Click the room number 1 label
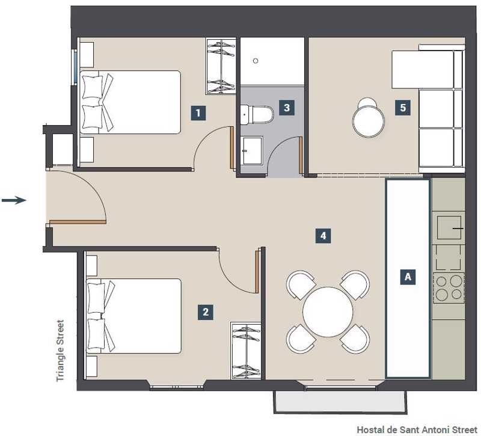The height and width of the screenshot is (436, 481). (198, 112)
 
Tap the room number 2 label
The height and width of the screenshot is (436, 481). (206, 312)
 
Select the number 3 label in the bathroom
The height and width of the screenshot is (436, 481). (287, 108)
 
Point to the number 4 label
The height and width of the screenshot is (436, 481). (323, 236)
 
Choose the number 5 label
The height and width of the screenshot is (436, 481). (403, 108)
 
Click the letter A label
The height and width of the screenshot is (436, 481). (408, 277)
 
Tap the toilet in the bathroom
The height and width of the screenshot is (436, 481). (257, 115)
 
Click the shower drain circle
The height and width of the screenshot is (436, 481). (256, 61)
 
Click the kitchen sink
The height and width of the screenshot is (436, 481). (449, 228)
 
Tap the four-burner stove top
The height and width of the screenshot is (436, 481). (449, 288)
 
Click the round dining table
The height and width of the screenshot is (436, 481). (328, 312)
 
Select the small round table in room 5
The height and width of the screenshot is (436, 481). (369, 121)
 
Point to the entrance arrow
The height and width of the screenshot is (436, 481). (14, 201)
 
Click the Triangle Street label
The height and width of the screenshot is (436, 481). (61, 351)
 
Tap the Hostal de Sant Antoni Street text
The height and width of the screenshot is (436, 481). (417, 429)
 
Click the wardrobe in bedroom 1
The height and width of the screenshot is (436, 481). (221, 66)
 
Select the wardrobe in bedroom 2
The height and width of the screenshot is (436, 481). (245, 351)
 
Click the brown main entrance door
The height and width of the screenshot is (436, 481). (78, 222)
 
